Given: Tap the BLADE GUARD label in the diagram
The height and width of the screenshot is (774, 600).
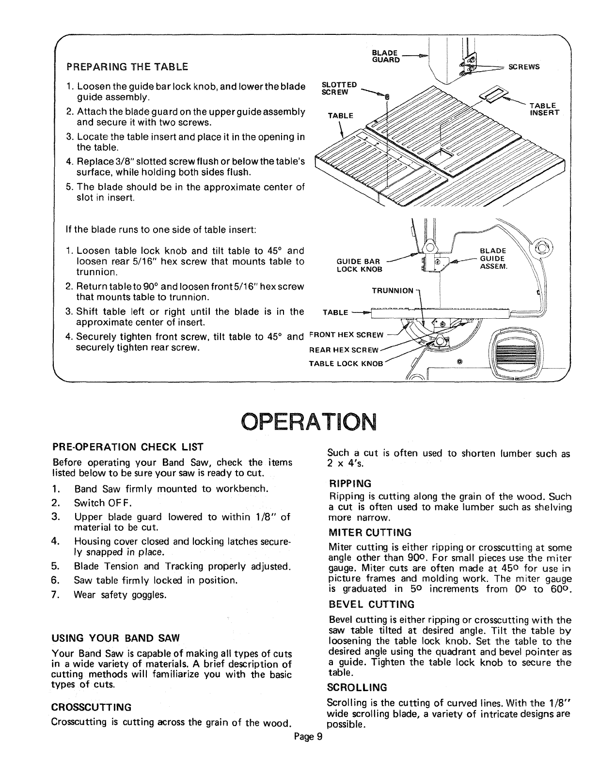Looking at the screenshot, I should (x=386, y=56).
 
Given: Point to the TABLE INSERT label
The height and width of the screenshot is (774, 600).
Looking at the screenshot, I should (x=544, y=109).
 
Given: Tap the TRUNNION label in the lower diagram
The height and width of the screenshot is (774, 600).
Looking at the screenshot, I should (x=393, y=291).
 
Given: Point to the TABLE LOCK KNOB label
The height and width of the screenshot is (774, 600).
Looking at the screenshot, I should (x=346, y=363).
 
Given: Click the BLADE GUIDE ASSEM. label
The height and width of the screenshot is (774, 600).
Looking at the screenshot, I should (x=492, y=259).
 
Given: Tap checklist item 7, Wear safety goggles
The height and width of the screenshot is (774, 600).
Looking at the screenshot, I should (x=120, y=594).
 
